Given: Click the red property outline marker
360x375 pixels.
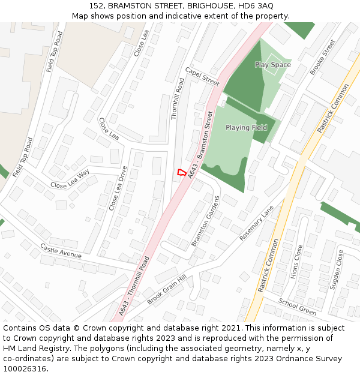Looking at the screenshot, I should coord(181,172).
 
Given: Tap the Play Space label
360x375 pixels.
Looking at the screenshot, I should coord(272,65).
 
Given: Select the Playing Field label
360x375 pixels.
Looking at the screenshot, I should coord(246,128).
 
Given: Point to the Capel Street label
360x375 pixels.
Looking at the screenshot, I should coord(202,76).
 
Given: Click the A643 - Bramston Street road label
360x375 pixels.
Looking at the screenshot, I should coord(200,144).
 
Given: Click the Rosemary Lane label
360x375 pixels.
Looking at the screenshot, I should coord(256,223).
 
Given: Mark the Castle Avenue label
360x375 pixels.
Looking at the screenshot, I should coord(61,250).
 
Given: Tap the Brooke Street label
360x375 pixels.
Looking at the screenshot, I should coord(323,57).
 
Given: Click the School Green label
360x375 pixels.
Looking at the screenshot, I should coord(297,307).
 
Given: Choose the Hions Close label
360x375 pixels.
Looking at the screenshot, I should coord(295,260).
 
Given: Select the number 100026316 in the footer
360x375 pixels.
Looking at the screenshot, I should coord(24,368).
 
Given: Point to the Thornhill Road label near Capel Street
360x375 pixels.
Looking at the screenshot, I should coord(178,98).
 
